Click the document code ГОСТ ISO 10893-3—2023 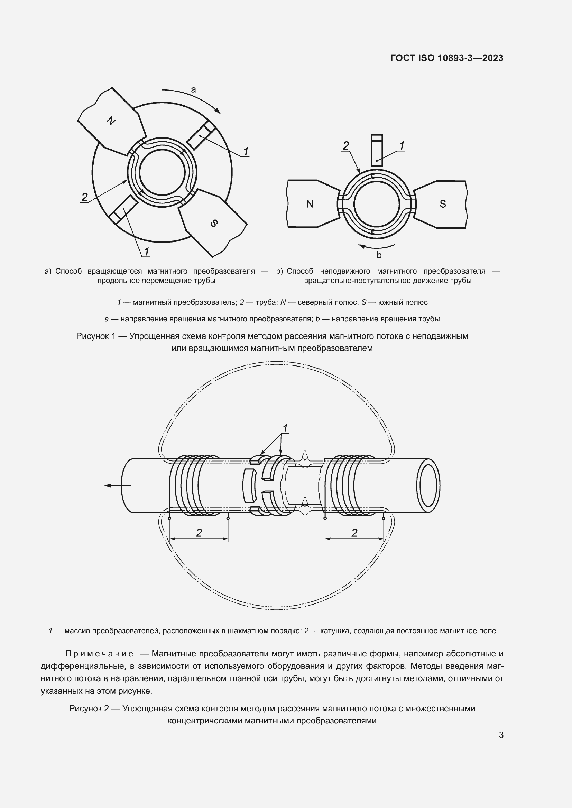click(446, 58)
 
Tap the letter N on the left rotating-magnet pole click(111, 121)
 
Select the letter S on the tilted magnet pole click(214, 223)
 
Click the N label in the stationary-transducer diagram click(310, 204)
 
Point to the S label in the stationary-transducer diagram click(443, 204)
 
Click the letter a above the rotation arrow click(193, 90)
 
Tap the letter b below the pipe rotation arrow click(379, 255)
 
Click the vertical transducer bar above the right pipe click(377, 150)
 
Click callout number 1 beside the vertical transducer click(402, 145)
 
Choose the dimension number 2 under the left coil click(199, 533)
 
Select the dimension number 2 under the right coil click(354, 533)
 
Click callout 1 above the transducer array click(285, 428)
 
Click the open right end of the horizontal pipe click(428, 486)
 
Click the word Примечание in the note click(99, 654)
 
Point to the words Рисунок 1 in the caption click(96, 336)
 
